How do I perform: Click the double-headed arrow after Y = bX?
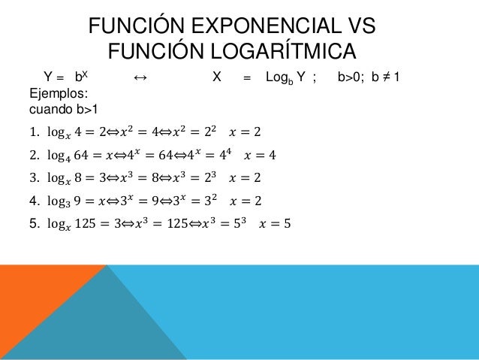(139, 77)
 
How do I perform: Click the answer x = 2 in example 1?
(247, 134)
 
